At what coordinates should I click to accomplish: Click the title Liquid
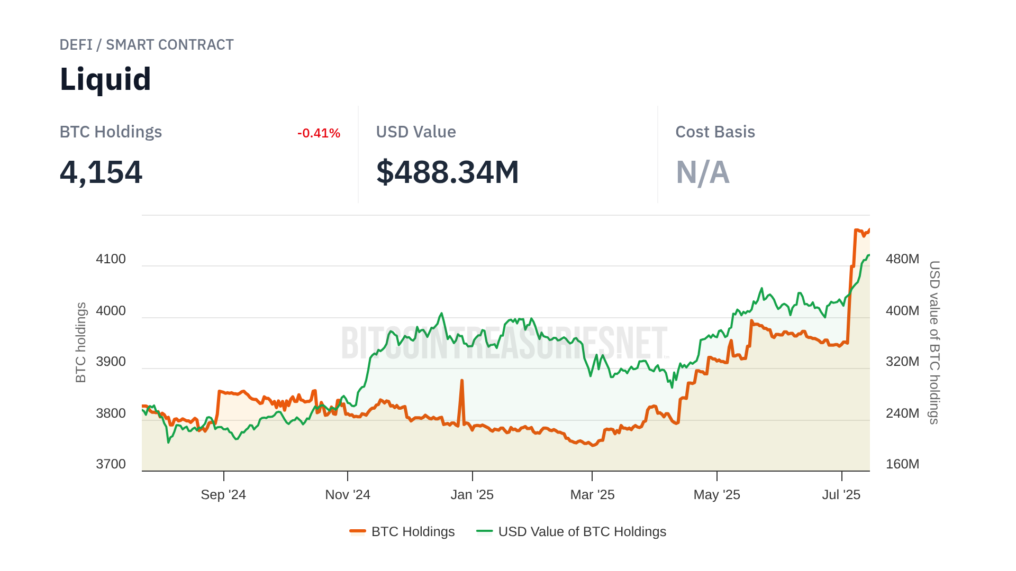click(x=105, y=79)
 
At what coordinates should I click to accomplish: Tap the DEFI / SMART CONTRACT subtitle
click(x=147, y=45)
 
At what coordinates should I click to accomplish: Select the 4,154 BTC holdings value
click(x=101, y=172)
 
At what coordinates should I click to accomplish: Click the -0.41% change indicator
click(x=319, y=133)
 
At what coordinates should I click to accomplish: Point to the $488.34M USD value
click(x=448, y=172)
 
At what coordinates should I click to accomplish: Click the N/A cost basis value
click(x=703, y=172)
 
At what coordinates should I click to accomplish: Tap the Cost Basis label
click(x=715, y=132)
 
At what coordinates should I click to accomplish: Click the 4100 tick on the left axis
click(x=111, y=259)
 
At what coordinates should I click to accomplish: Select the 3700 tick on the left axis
click(x=111, y=464)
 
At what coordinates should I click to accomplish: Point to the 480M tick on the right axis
click(x=902, y=259)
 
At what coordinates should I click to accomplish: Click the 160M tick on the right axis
click(x=902, y=464)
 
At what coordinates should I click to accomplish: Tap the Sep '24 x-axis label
click(x=223, y=495)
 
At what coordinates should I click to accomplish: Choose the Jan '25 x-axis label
click(x=472, y=495)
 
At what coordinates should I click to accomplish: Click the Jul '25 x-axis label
click(x=841, y=495)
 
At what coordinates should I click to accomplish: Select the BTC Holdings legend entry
click(x=403, y=531)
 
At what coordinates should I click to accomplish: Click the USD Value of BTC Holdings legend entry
click(x=571, y=531)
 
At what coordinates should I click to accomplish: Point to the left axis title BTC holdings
click(x=80, y=343)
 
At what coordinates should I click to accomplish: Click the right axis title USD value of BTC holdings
click(x=935, y=343)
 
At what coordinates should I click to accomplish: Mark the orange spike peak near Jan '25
click(x=462, y=381)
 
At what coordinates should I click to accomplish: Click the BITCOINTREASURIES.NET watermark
click(x=505, y=343)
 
